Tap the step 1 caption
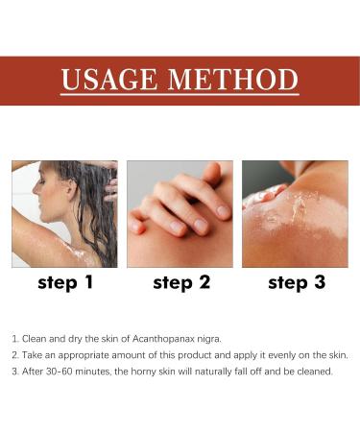click(x=64, y=282)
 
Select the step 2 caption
click(x=180, y=282)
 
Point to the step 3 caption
click(x=295, y=282)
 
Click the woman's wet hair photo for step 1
click(x=64, y=213)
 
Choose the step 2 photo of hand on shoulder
click(x=180, y=213)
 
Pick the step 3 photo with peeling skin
click(x=295, y=213)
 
